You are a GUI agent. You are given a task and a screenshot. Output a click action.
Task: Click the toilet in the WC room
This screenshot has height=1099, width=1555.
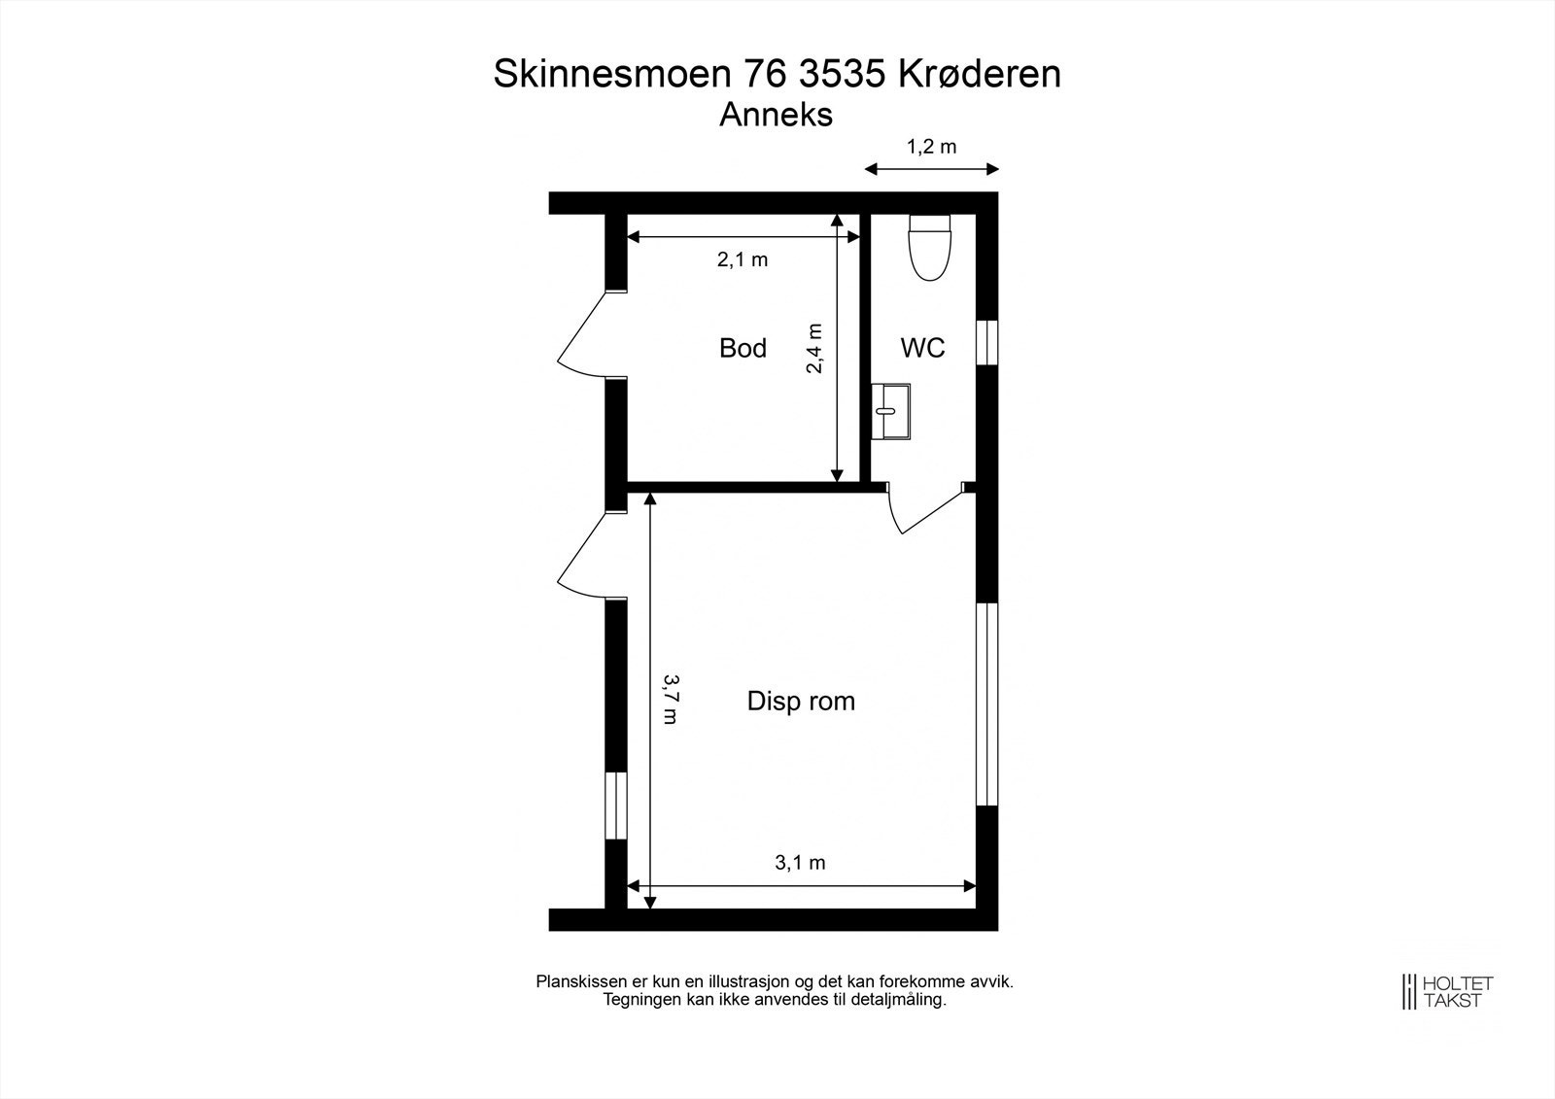pos(927,249)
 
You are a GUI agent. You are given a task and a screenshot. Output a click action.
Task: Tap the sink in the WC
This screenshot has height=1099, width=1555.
pos(890,412)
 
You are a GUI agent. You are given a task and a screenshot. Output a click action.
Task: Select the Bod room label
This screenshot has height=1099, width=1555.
pos(743,348)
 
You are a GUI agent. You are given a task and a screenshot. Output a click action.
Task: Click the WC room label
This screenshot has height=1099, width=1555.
pos(922,348)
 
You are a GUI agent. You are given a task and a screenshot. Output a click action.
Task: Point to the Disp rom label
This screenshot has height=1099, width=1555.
pos(801,701)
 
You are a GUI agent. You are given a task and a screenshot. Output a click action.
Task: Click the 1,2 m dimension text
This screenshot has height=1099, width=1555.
pos(931,147)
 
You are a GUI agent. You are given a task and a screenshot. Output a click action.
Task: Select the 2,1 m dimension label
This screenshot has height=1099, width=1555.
pos(743,259)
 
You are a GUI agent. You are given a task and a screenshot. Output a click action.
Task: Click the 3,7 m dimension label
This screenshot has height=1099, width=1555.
pos(670,700)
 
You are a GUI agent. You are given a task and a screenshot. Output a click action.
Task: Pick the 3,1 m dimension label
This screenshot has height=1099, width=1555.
pos(800,862)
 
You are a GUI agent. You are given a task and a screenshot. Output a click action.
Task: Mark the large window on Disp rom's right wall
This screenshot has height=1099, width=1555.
pos(986,704)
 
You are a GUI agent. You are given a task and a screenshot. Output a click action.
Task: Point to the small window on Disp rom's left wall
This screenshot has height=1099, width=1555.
pos(615,806)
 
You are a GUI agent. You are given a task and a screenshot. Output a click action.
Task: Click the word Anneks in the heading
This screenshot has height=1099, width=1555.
pos(776,115)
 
